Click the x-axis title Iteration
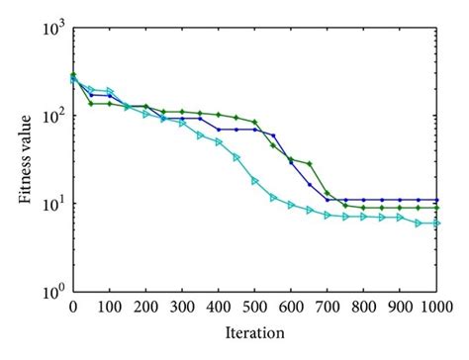(x=254, y=333)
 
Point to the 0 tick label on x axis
(x=72, y=307)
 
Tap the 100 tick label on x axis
(x=109, y=307)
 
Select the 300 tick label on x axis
(x=182, y=307)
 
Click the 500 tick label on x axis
(x=254, y=307)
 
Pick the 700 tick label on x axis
(x=328, y=307)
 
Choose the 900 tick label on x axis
(x=400, y=307)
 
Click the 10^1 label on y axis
(x=51, y=204)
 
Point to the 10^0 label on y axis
(x=51, y=292)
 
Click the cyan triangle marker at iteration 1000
(x=436, y=223)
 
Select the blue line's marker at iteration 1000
(x=436, y=200)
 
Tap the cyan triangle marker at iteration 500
(x=254, y=180)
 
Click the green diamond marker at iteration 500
(x=254, y=123)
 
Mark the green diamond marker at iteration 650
(x=309, y=163)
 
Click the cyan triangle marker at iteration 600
(x=291, y=205)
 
